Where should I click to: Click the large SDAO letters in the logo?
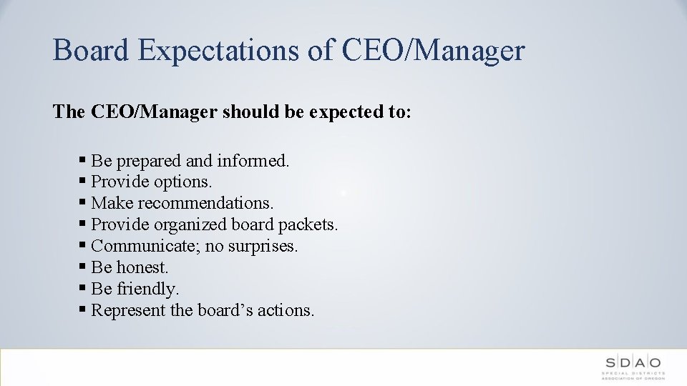coord(632,362)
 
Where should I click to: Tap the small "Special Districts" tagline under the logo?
coord(632,373)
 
